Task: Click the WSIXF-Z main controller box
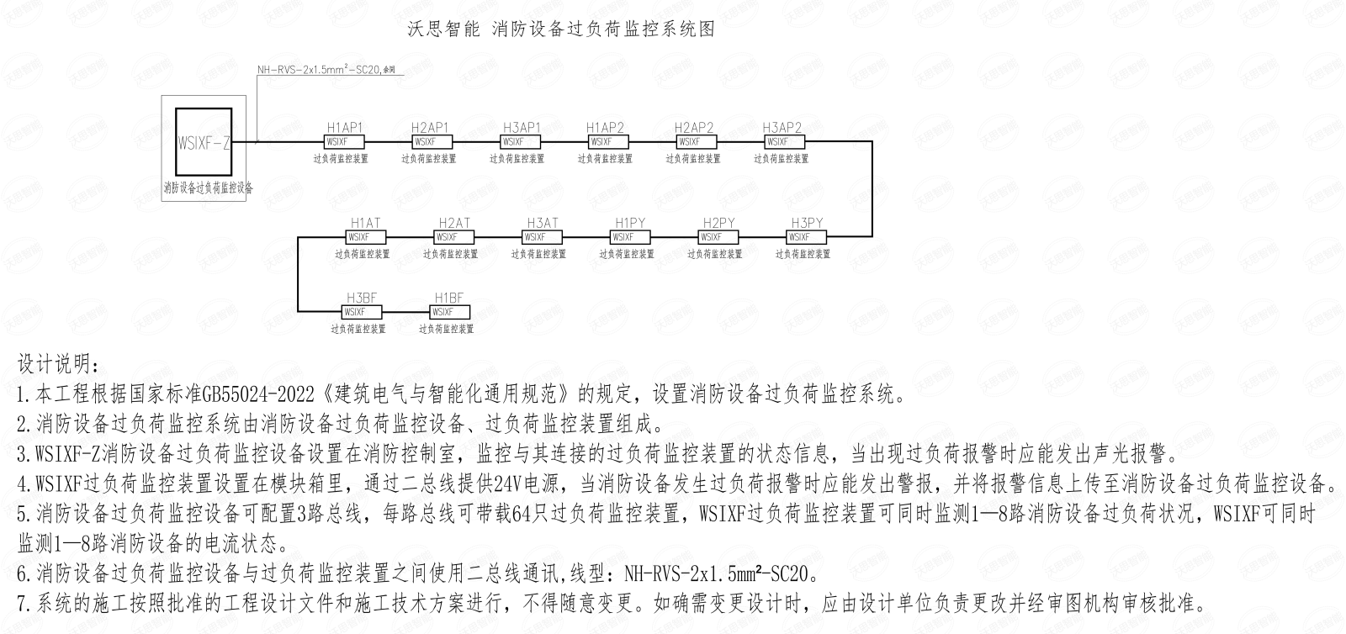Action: coord(204,142)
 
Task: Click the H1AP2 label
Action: coord(606,128)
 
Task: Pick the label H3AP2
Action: coord(782,128)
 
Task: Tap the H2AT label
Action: coord(454,223)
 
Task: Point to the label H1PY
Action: coord(630,223)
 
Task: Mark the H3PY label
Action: coord(807,223)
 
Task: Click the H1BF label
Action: coord(449,298)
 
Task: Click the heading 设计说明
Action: coord(58,366)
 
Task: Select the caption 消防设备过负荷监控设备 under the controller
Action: coord(209,188)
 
